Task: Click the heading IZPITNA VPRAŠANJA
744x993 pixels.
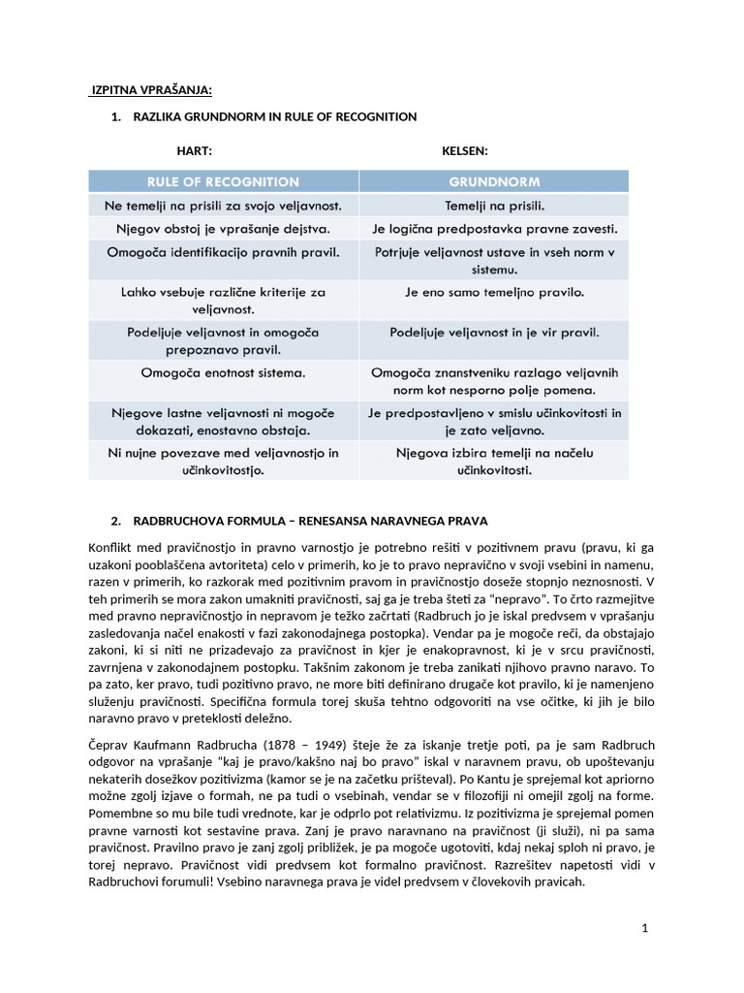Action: [150, 90]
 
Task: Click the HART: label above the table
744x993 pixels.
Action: [194, 151]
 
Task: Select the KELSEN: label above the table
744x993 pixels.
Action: [465, 151]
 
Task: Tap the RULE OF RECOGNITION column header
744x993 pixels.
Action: [223, 181]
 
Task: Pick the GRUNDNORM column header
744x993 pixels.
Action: [494, 181]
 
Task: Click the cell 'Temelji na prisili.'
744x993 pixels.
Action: [494, 206]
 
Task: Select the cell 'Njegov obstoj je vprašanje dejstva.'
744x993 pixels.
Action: [223, 229]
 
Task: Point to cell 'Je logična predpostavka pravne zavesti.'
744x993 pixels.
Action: [494, 229]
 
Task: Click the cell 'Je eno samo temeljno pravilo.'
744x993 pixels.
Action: [494, 291]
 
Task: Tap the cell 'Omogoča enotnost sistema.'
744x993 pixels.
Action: [223, 372]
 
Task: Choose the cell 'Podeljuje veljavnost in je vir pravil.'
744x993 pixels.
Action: [494, 332]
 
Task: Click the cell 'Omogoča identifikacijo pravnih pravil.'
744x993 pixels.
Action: [223, 252]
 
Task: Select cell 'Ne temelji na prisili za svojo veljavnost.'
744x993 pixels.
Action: [223, 206]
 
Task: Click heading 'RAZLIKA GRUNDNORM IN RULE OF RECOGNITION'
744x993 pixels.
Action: [274, 116]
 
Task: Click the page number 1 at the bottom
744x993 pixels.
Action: [644, 928]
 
